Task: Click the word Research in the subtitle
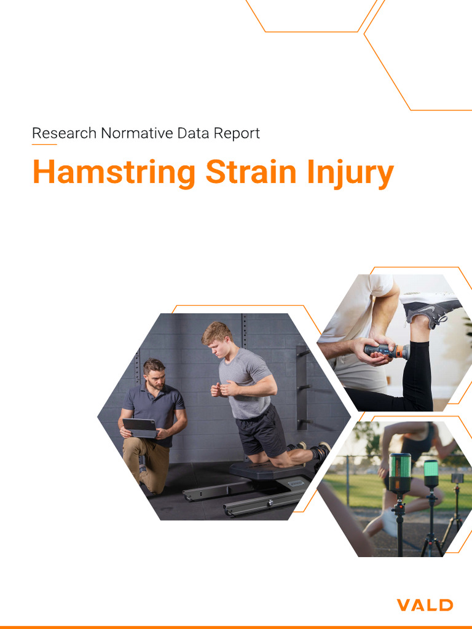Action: coord(64,133)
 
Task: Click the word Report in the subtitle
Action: coord(236,133)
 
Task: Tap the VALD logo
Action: coord(425,605)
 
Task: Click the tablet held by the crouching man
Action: coord(140,427)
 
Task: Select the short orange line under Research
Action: coord(44,145)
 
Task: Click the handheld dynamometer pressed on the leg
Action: coord(385,351)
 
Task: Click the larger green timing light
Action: coord(400,473)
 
